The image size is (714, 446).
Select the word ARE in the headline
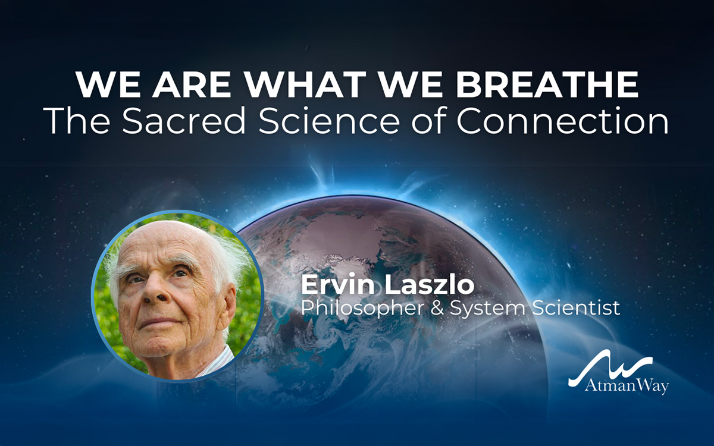coord(191,84)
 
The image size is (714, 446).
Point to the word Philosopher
coord(363,309)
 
